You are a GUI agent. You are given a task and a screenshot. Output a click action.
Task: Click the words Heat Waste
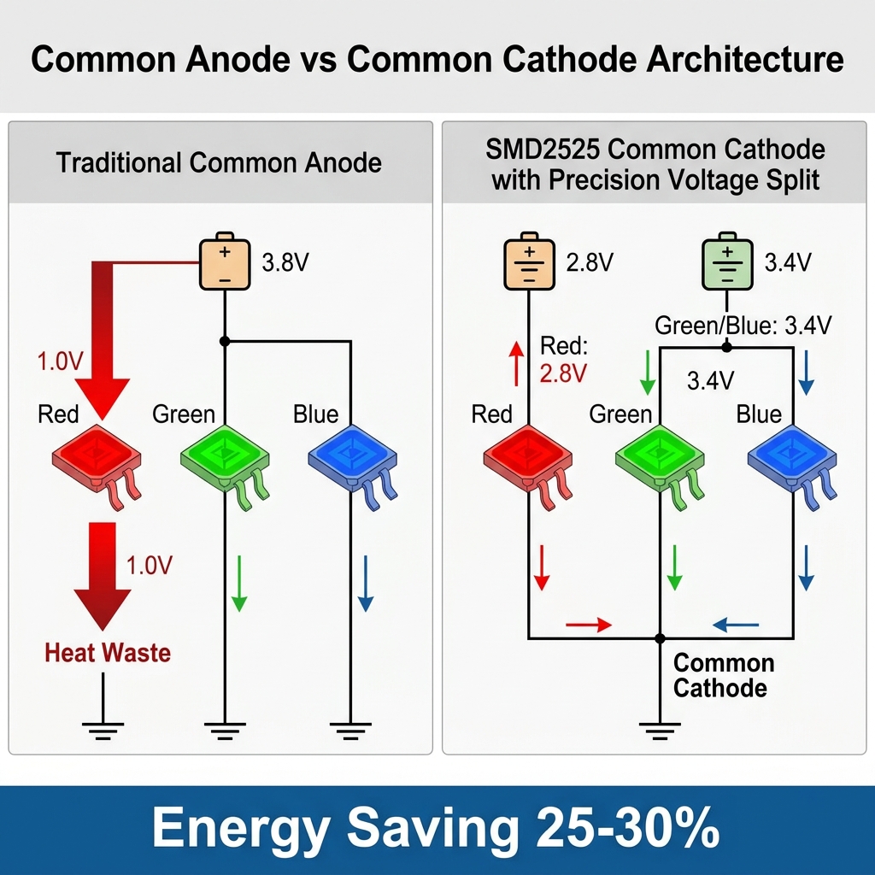[x=108, y=654]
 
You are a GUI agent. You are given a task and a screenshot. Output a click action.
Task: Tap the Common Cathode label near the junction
[x=723, y=675]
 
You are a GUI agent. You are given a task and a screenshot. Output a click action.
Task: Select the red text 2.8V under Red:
[x=564, y=373]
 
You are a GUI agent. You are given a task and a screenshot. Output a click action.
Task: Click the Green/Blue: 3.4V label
[x=743, y=325]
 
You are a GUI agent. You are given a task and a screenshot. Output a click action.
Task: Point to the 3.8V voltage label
[x=285, y=262]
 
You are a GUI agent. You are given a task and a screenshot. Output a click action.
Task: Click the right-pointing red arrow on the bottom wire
[x=589, y=625]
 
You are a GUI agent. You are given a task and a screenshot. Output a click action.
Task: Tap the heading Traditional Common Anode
[x=219, y=162]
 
